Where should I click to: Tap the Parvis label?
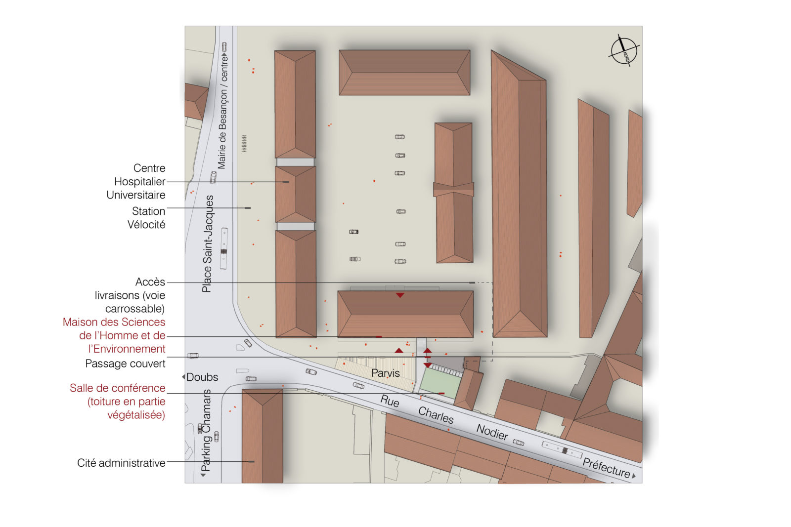pyautogui.click(x=385, y=373)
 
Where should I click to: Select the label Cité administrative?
pyautogui.click(x=121, y=463)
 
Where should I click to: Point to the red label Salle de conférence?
pyautogui.click(x=118, y=402)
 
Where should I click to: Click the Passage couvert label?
pyautogui.click(x=126, y=364)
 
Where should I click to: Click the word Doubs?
pyautogui.click(x=202, y=377)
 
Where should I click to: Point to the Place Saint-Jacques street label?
pyautogui.click(x=207, y=244)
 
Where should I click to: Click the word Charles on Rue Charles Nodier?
pyautogui.click(x=436, y=415)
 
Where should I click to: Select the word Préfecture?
pyautogui.click(x=606, y=467)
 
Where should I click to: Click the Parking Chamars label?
pyautogui.click(x=206, y=430)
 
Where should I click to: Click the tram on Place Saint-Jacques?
pyautogui.click(x=224, y=248)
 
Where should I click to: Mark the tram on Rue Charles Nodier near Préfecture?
pyautogui.click(x=562, y=449)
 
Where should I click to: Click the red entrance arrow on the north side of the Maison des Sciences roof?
pyautogui.click(x=400, y=295)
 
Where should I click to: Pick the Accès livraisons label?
pyautogui.click(x=130, y=295)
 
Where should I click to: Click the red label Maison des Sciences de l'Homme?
pyautogui.click(x=114, y=335)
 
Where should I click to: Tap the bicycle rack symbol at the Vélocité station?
pyautogui.click(x=244, y=143)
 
